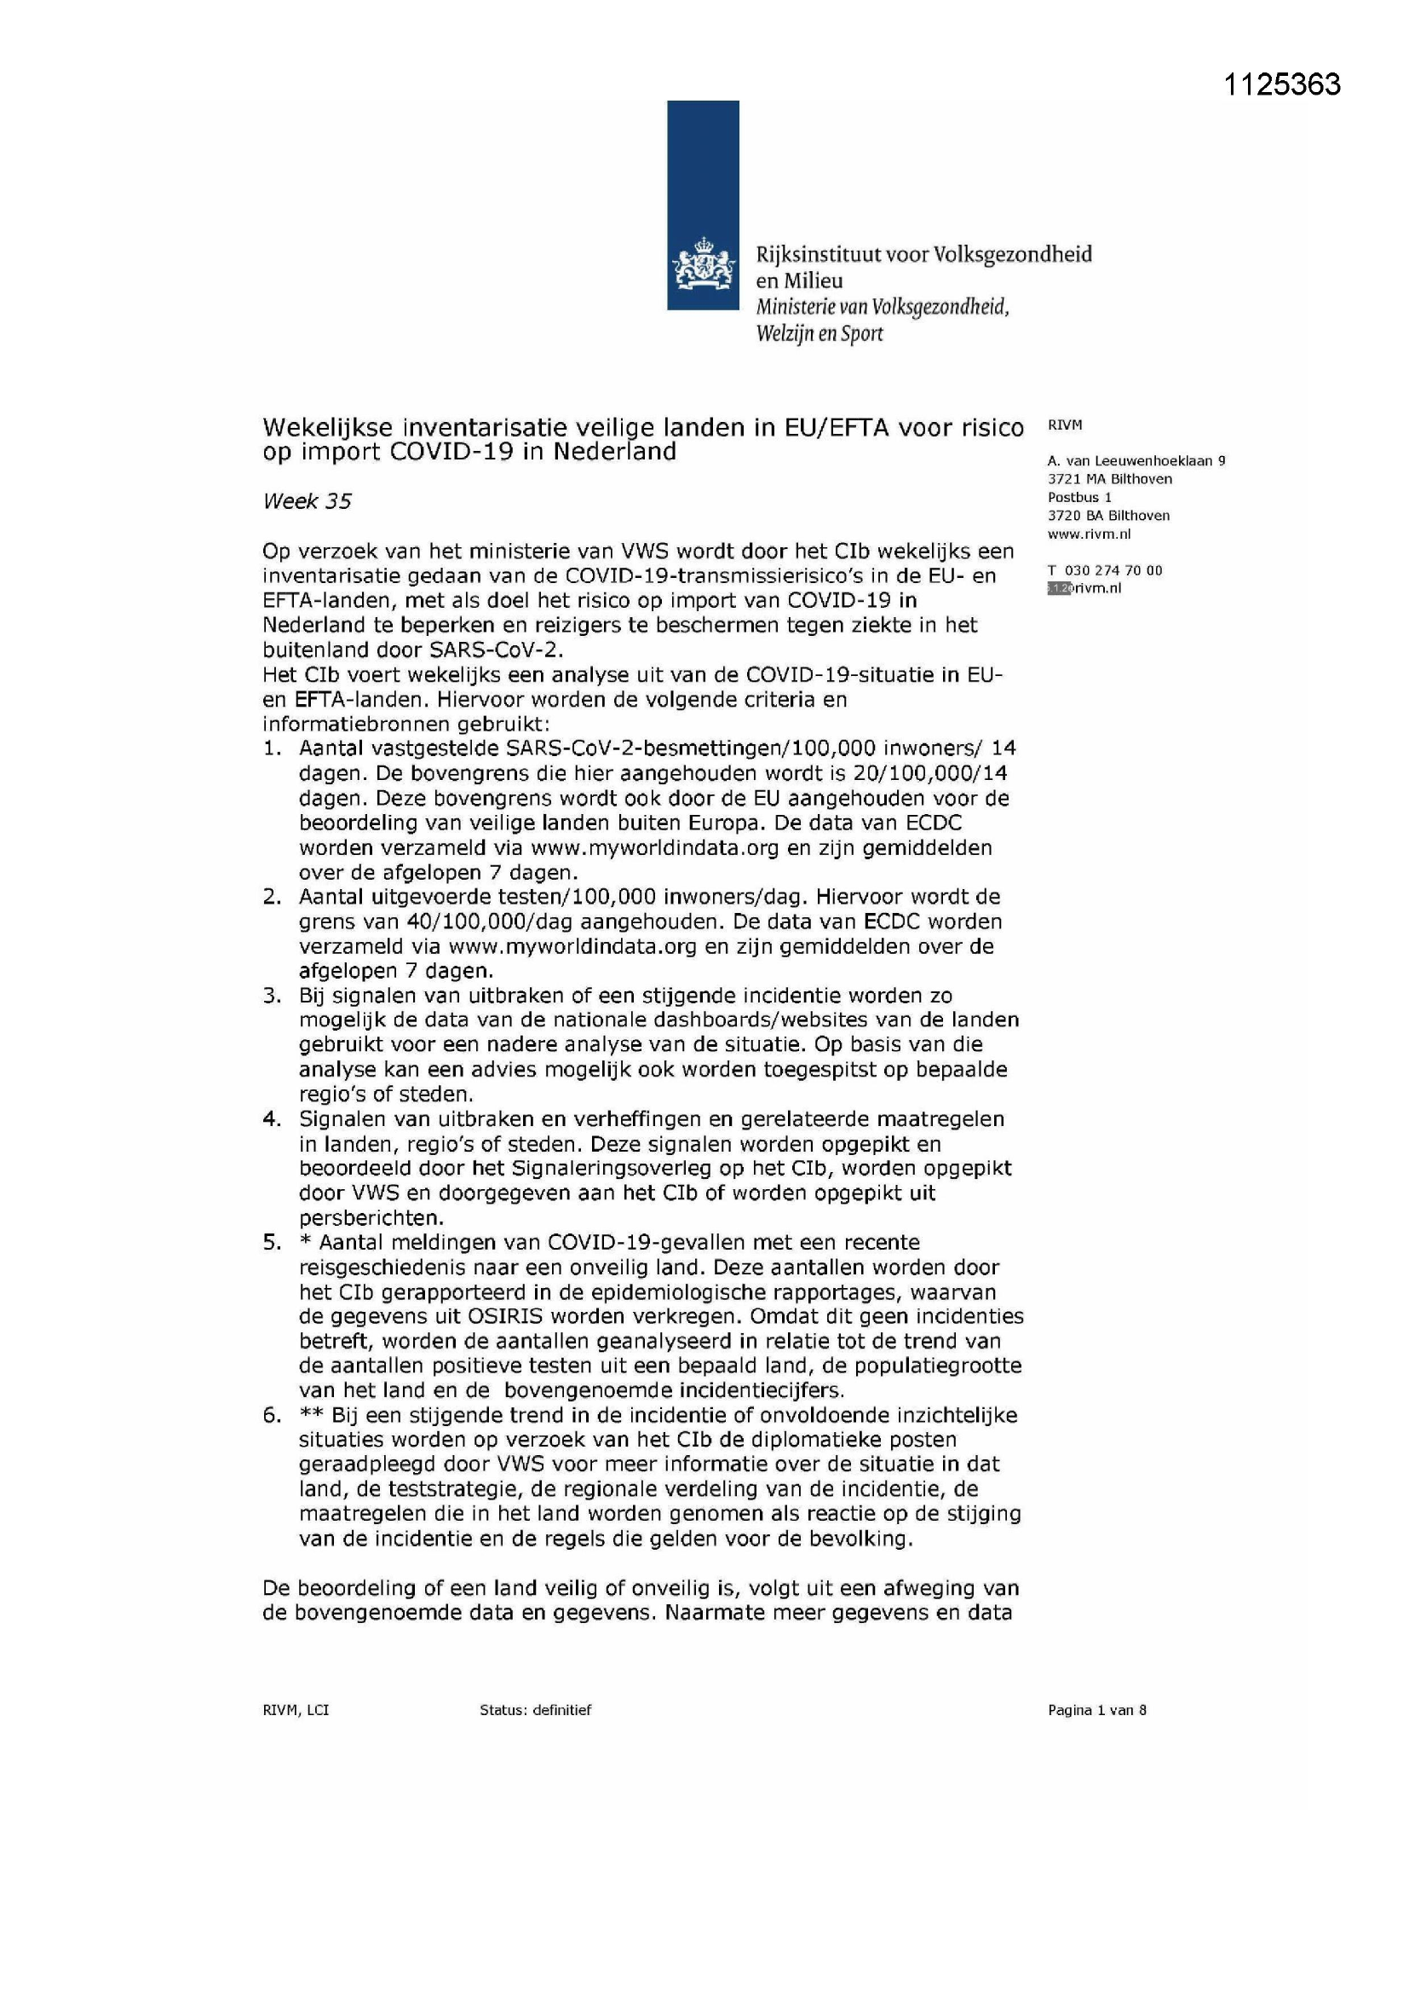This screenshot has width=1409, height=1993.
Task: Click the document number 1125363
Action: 1281,84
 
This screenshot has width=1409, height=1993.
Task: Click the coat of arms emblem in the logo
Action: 702,269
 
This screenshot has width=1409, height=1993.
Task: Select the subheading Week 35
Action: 308,502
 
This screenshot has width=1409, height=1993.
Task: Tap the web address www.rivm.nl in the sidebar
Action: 1089,534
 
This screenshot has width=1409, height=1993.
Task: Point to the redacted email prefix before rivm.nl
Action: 1060,588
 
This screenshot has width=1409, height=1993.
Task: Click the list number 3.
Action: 273,996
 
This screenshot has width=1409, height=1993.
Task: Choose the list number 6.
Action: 273,1415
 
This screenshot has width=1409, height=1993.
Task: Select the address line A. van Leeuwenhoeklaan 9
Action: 1136,461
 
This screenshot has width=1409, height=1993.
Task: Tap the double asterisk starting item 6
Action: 312,1414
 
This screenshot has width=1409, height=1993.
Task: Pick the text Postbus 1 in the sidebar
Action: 1079,497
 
